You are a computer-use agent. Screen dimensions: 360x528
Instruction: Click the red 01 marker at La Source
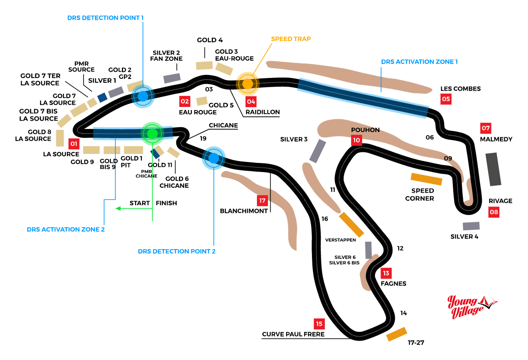coord(73,143)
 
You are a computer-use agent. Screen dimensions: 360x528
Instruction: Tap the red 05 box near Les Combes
coord(446,99)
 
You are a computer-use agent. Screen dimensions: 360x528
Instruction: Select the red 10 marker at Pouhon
coord(356,140)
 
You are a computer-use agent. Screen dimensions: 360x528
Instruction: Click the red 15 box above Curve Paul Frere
coord(319,324)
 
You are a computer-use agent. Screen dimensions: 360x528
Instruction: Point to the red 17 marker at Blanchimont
coord(263,201)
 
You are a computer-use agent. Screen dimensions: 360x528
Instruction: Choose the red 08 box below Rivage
coord(494,213)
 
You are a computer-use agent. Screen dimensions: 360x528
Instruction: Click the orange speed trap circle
coord(248,83)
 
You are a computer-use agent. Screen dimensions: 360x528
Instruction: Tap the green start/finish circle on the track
coord(152,133)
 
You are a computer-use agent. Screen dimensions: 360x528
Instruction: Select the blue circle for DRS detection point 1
coord(143,96)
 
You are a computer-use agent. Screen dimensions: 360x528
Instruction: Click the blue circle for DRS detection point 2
coord(214,158)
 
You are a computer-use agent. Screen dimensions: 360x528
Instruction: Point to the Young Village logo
coord(471,306)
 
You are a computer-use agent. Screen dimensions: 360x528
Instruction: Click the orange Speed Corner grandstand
coord(426,179)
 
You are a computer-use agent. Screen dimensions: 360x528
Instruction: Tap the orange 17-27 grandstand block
coord(396,334)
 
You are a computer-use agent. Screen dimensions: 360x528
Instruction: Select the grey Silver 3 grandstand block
coord(318,151)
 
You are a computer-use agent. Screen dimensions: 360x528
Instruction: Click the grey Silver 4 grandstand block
coord(471,226)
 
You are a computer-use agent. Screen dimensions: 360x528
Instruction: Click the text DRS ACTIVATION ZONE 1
coord(419,62)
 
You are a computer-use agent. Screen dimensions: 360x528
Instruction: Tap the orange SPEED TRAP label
coord(291,39)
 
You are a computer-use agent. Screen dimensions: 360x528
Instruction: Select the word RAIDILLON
coord(263,112)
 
